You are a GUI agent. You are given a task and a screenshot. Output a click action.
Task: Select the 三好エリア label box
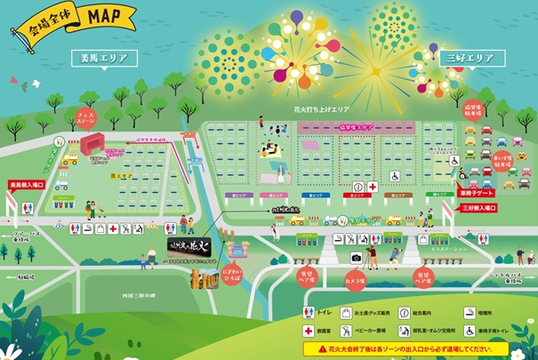click(x=470, y=59)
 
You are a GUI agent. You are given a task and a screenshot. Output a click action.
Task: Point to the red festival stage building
click(x=92, y=145)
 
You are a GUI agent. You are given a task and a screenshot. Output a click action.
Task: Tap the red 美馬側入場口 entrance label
click(x=27, y=185)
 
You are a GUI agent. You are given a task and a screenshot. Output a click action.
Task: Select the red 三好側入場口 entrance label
click(x=481, y=207)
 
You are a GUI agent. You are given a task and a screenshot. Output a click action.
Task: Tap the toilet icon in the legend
click(x=309, y=312)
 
